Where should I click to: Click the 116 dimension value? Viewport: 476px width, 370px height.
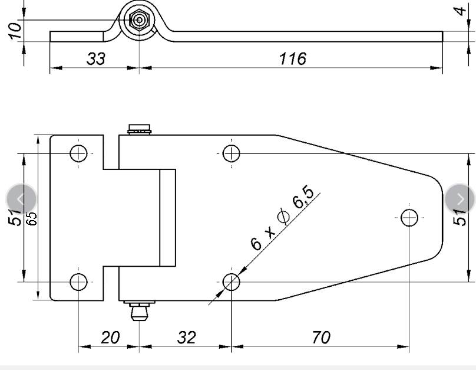pos(293,58)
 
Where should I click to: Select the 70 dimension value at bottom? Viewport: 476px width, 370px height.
pos(320,338)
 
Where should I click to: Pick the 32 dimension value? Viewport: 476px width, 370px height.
pos(186,338)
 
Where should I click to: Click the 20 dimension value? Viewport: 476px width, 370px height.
pos(110,338)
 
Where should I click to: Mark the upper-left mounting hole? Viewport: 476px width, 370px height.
pos(79,153)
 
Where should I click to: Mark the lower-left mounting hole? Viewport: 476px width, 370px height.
pos(79,281)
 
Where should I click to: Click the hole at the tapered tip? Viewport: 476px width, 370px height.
pos(409,217)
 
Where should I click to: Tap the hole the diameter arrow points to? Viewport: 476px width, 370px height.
pos(232,281)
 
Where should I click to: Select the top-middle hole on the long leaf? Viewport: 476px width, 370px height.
pos(232,153)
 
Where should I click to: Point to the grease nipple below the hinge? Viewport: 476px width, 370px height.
pos(139,310)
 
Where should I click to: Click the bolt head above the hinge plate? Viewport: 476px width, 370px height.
pos(140,129)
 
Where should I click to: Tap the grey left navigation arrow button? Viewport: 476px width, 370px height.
pos(21,199)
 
